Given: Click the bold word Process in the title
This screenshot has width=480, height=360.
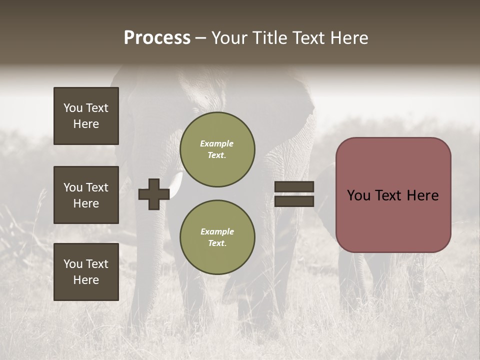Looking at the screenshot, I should [x=157, y=38].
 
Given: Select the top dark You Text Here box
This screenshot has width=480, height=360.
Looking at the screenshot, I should [x=86, y=116].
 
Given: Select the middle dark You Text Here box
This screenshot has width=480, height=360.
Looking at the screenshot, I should [x=86, y=195].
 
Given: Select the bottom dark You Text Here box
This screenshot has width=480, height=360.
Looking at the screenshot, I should [x=86, y=272].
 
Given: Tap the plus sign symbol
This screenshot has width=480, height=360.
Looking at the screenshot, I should [x=154, y=194].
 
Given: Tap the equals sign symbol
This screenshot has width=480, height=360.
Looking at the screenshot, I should [x=294, y=194].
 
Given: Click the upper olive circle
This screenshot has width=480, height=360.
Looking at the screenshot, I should [x=217, y=149].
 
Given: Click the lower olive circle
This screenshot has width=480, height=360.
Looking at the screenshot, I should [x=217, y=237].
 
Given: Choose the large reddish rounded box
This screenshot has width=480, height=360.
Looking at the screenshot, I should [x=393, y=195].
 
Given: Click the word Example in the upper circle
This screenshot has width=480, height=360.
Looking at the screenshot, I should [x=216, y=143].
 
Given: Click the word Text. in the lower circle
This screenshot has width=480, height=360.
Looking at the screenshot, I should [x=217, y=243].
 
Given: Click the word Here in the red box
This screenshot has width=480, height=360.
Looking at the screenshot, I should [x=422, y=195].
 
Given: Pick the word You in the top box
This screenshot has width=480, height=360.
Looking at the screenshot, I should [x=73, y=108].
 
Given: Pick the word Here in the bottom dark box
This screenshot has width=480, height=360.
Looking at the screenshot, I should [x=86, y=280].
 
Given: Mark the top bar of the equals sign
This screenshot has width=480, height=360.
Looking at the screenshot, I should [x=294, y=187].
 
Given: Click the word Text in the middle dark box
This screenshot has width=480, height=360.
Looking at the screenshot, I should [x=97, y=187].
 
